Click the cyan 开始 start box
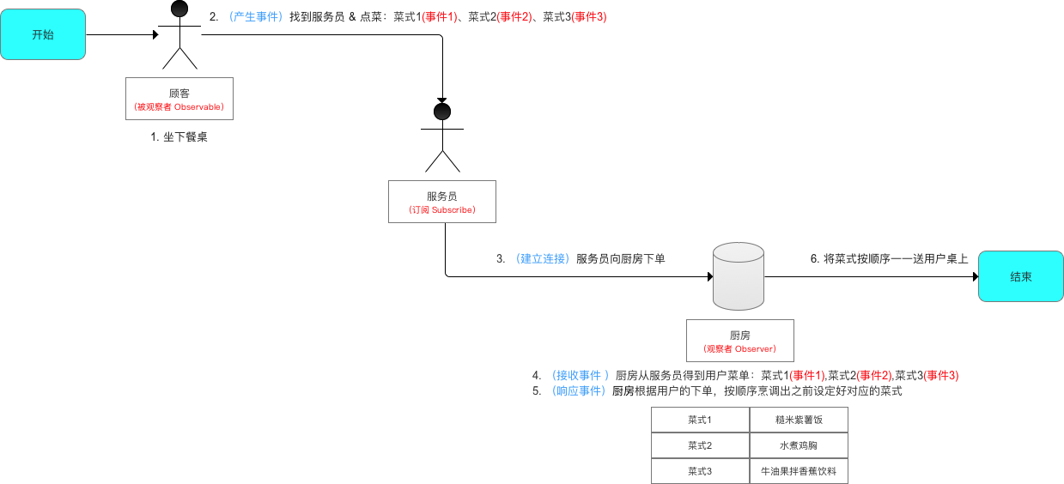[43, 34]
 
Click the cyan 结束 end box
[1021, 276]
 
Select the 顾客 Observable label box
[179, 99]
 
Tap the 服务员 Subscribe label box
[442, 202]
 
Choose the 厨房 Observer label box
[739, 341]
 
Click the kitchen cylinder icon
[739, 275]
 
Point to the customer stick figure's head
[179, 9]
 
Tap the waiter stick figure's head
[442, 112]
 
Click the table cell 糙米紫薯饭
[799, 420]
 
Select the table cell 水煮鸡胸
[799, 445]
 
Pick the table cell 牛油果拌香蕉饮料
[799, 471]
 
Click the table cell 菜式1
[700, 420]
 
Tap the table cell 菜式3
[700, 471]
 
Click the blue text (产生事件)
[256, 16]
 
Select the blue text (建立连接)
[543, 258]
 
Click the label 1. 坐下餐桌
[179, 136]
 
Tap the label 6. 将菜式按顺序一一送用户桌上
[890, 258]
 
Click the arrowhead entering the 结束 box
[975, 276]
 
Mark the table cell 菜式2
[700, 445]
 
